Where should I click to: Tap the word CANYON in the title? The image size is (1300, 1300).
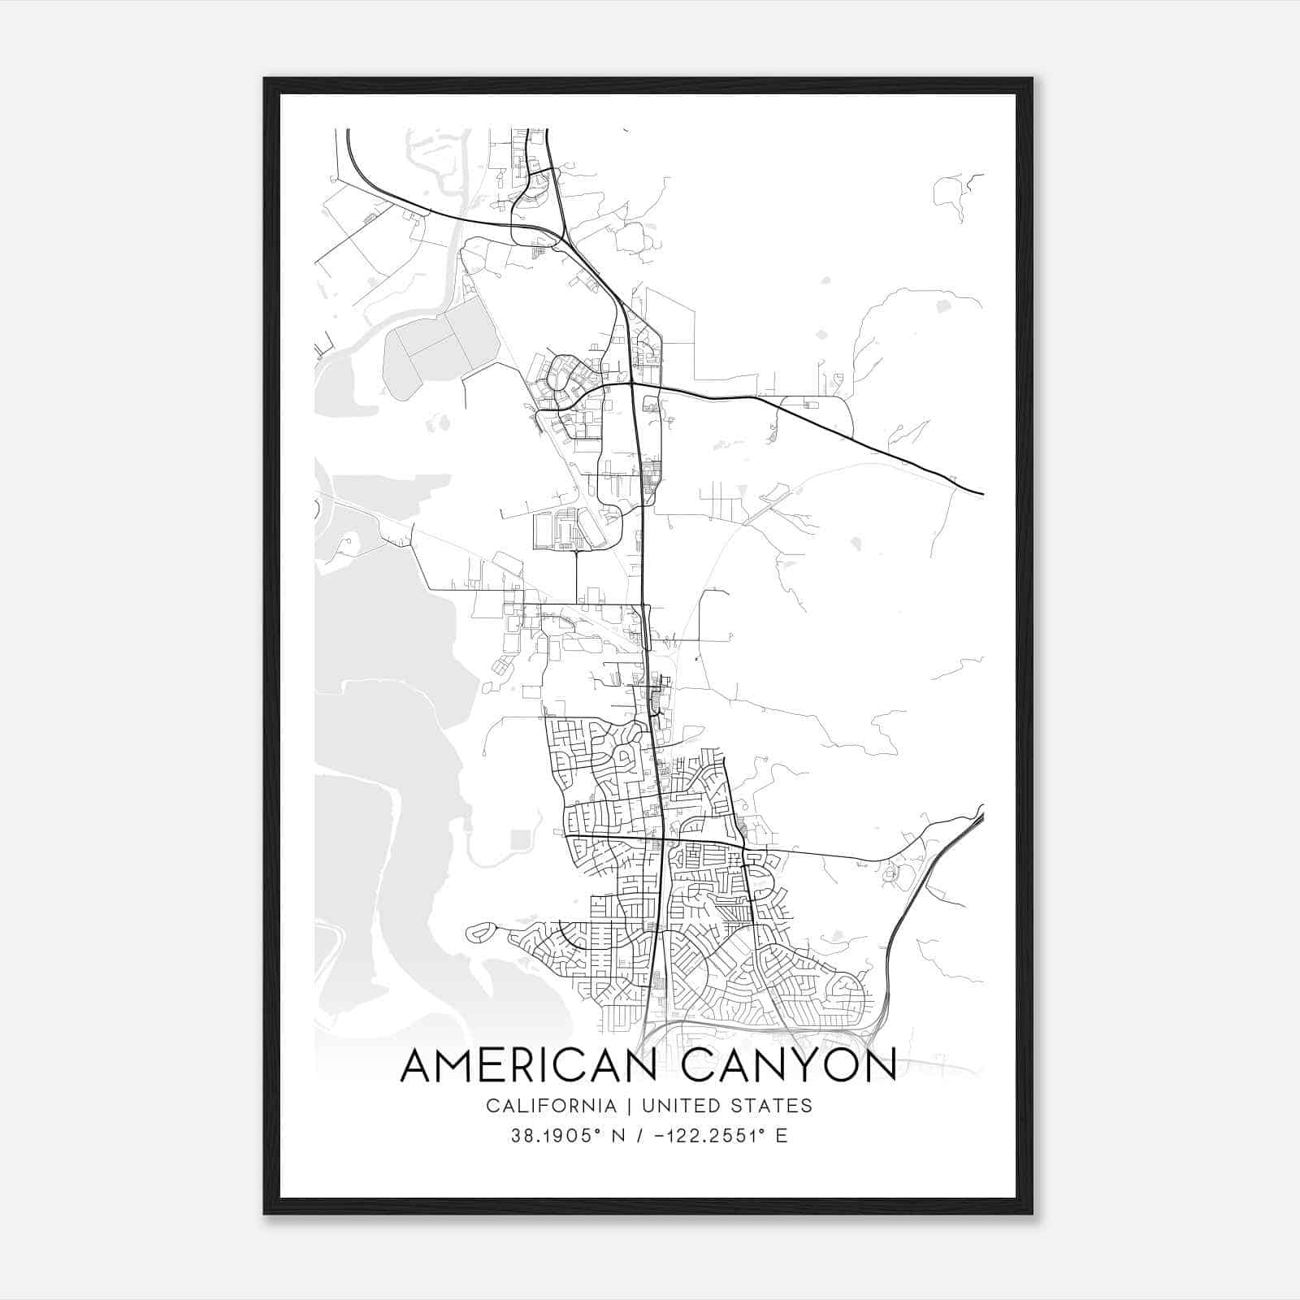coord(789,1065)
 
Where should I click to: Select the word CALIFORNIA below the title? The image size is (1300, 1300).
coord(551,1106)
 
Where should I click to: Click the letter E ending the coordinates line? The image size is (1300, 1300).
coord(782,1136)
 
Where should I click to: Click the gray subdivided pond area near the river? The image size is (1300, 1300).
coord(439,345)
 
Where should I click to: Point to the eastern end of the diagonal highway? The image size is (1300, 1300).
coord(981,492)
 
